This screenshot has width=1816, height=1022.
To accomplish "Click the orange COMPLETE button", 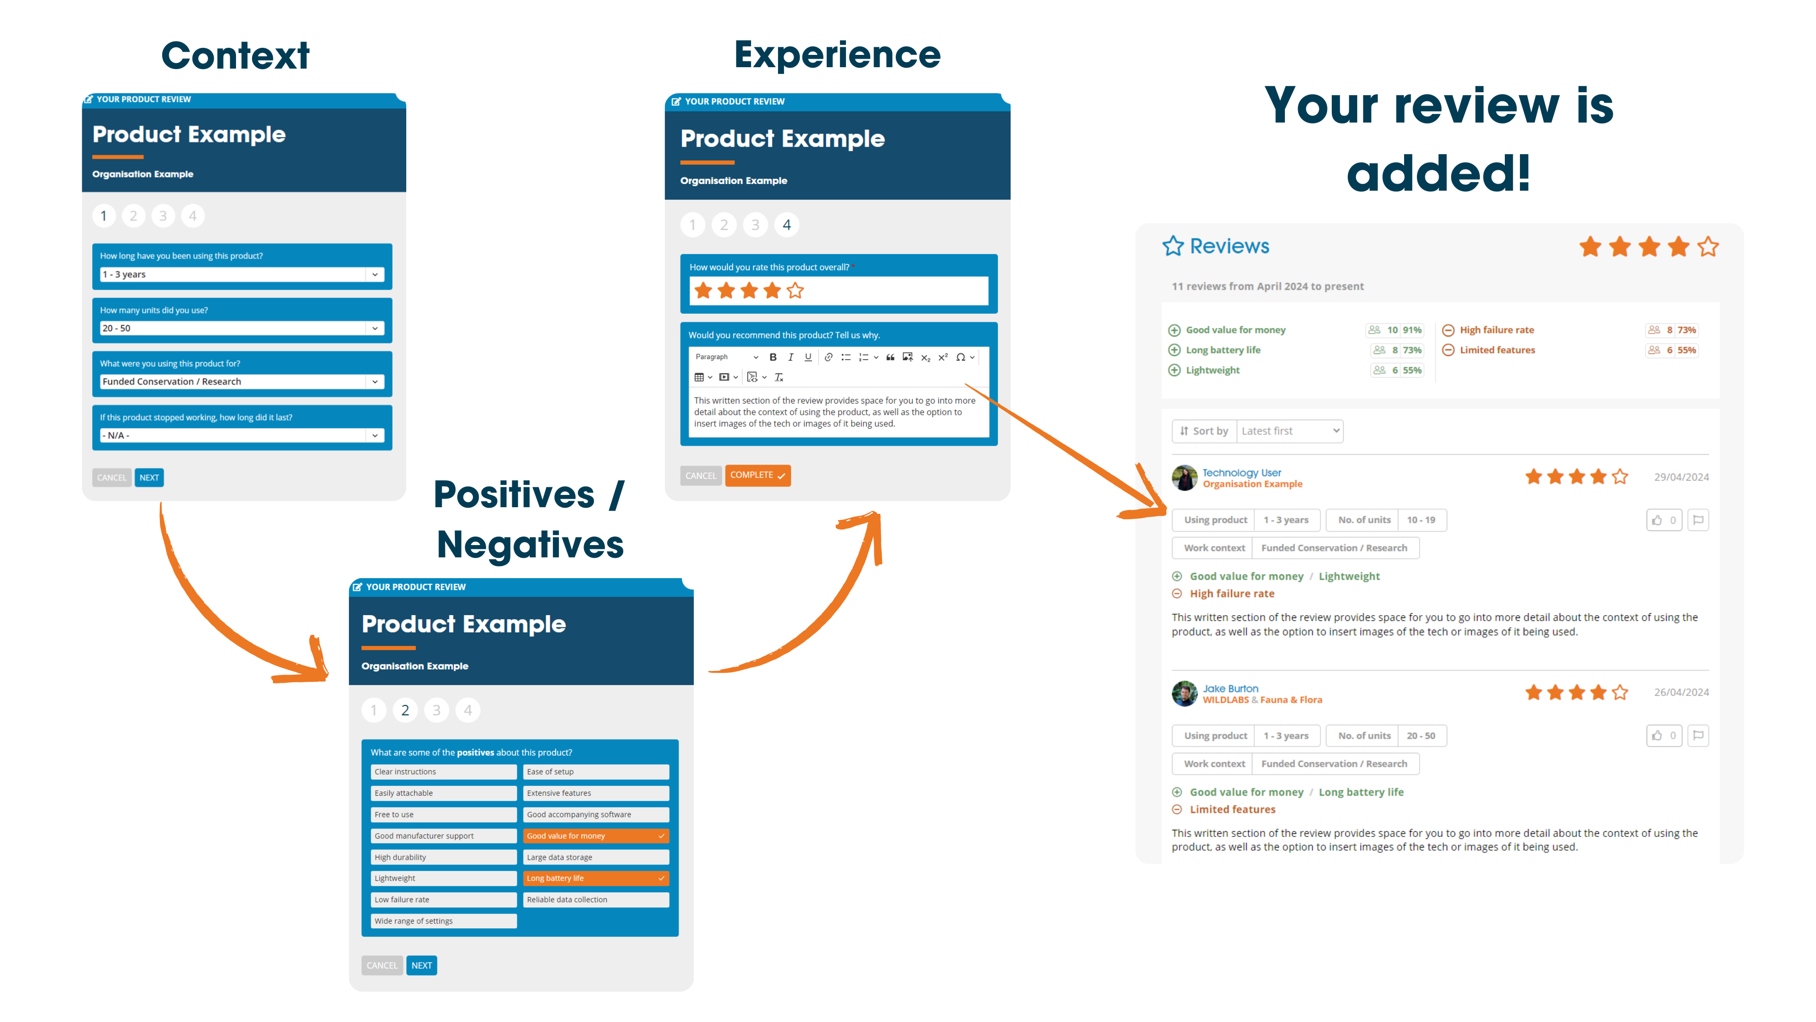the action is point(757,476).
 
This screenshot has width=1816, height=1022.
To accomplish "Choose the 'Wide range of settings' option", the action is point(444,921).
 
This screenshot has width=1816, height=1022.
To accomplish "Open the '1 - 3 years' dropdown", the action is point(242,274).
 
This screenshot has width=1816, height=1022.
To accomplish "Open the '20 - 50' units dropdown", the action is point(242,328).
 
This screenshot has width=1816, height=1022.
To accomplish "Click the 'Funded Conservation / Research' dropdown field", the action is point(242,381).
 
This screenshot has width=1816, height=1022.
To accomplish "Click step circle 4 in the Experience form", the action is point(787,225).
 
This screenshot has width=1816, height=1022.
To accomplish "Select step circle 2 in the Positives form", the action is point(405,710).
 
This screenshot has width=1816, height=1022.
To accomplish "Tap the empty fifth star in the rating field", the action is point(795,291).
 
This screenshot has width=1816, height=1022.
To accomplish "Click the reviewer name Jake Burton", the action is point(1230,688).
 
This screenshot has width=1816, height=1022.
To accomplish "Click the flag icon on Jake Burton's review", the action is point(1698,736).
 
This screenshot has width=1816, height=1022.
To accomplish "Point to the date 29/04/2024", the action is point(1681,477).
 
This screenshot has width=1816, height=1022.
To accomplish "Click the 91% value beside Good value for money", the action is point(1412,330).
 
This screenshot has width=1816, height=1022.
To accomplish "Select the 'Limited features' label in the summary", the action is point(1497,350).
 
